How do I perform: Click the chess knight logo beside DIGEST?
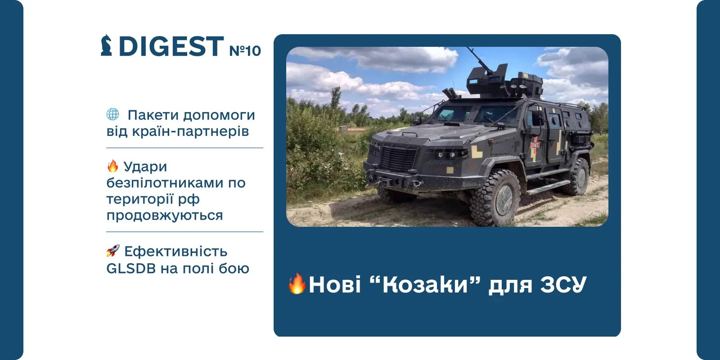click(106, 45)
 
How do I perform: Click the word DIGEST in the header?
click(171, 46)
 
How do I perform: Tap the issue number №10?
click(245, 51)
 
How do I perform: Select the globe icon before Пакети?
click(112, 114)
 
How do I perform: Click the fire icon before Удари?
click(112, 166)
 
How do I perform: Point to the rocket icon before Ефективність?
click(113, 250)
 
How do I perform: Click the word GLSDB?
click(131, 268)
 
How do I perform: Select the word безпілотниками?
click(165, 183)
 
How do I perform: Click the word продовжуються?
click(165, 216)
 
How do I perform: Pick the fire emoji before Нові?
click(297, 283)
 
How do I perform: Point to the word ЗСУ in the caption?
click(563, 284)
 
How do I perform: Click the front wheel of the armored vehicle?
click(496, 197)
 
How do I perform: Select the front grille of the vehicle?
click(399, 157)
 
